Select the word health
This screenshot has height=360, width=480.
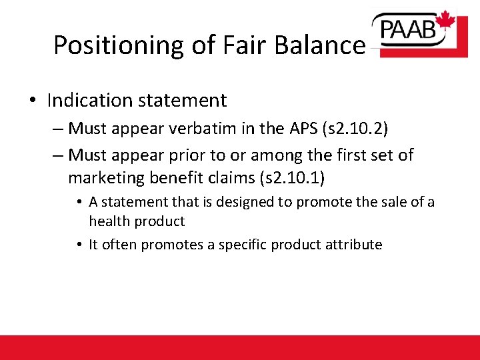109,221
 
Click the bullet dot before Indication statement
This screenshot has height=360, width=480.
33,101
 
